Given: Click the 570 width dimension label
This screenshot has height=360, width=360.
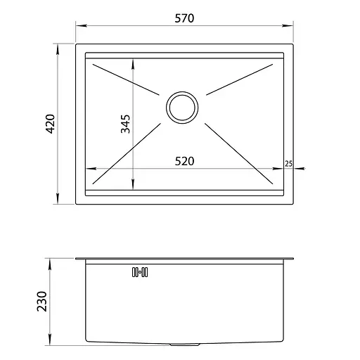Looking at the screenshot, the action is point(184,18).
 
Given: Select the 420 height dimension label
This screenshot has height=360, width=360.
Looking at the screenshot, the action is point(50,124).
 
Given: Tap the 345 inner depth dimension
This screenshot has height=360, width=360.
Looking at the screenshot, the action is point(125,124).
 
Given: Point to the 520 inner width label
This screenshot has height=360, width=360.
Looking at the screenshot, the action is point(184,161).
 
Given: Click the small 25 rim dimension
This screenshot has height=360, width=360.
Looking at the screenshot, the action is point(289,164).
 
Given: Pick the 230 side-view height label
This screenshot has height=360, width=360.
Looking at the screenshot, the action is point(42,302).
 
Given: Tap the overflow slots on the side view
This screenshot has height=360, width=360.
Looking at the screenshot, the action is point(140,272).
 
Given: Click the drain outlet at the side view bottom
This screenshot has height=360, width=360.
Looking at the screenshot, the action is point(185,345).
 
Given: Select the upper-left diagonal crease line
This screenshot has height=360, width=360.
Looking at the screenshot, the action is point(126,79).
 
